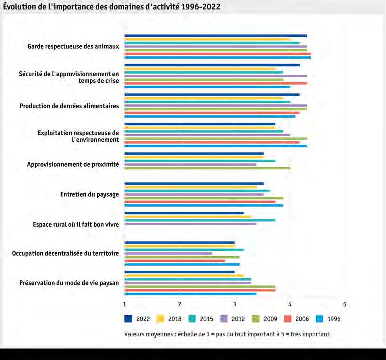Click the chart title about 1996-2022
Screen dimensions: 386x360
click(111, 6)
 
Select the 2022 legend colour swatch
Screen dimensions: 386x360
click(128, 319)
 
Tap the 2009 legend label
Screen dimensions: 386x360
click(270, 319)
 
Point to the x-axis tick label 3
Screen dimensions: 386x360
click(234, 304)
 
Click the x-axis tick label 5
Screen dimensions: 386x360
click(345, 304)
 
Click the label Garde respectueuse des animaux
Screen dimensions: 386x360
click(73, 46)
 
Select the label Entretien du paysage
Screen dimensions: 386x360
click(90, 194)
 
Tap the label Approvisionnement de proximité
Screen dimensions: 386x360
click(73, 164)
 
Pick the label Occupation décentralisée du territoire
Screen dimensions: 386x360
click(65, 253)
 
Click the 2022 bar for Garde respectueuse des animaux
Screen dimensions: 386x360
click(216, 36)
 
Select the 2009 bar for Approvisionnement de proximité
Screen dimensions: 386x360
click(207, 168)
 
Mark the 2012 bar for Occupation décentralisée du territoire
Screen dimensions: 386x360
click(168, 253)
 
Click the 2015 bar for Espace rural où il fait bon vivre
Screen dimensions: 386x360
click(200, 220)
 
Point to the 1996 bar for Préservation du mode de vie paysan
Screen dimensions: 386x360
click(191, 294)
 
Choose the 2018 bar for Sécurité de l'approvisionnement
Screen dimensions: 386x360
click(200, 69)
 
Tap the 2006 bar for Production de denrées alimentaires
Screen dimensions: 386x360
click(212, 113)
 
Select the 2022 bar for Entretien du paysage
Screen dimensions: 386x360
click(194, 183)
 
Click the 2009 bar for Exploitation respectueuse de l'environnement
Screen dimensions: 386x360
click(216, 139)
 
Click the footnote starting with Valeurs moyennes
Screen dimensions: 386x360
click(227, 334)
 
